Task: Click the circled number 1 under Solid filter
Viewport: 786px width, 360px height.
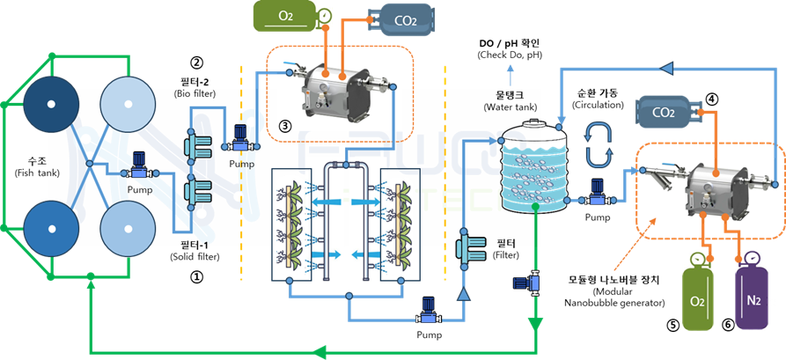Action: click(x=197, y=276)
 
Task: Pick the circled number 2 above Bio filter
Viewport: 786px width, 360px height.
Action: click(x=197, y=63)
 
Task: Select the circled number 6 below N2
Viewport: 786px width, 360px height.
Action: click(x=728, y=324)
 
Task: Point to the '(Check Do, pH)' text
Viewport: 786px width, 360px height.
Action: click(x=510, y=55)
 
